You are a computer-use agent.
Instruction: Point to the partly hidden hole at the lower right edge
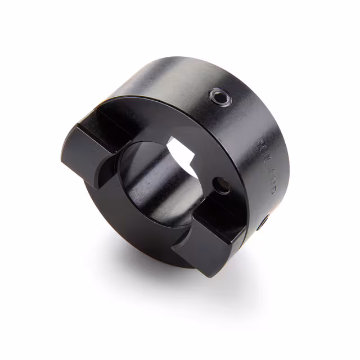263,223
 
